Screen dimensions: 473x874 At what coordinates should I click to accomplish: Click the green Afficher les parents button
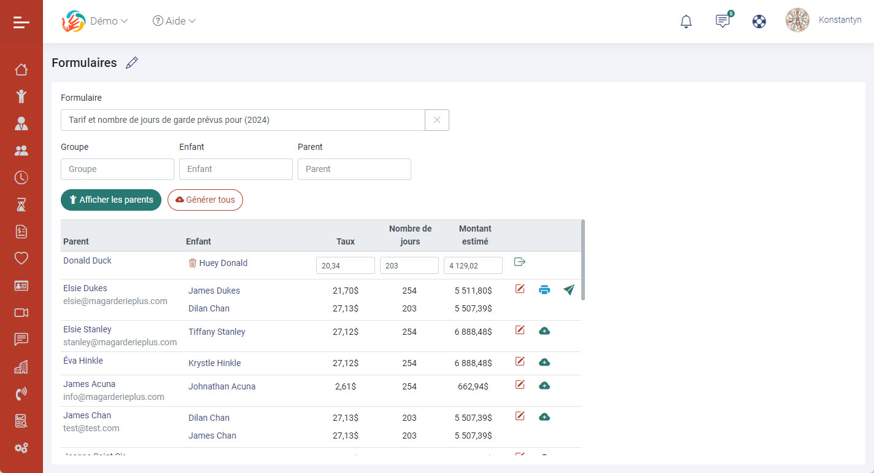[111, 200]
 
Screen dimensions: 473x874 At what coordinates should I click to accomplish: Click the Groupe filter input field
[117, 169]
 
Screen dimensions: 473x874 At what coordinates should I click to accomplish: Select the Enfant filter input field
[236, 169]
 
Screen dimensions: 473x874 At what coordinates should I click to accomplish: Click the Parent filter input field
[354, 169]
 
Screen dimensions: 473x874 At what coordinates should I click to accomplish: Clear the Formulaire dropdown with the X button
[437, 120]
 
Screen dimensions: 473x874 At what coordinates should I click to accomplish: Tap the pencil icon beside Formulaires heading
[132, 63]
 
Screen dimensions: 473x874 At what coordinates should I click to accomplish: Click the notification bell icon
[686, 21]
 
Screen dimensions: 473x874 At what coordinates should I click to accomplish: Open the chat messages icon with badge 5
[723, 21]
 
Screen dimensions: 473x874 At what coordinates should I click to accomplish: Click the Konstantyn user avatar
[797, 20]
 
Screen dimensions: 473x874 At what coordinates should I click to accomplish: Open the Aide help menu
[174, 21]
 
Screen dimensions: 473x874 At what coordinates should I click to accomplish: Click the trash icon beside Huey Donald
[193, 263]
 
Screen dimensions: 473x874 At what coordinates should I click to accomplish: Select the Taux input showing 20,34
[346, 265]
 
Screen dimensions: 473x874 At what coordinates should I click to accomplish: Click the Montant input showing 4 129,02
[473, 265]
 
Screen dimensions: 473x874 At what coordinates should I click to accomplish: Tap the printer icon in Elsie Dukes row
[544, 290]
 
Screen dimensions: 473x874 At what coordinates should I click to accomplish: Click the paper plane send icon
[569, 290]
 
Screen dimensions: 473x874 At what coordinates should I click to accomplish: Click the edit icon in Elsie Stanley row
[520, 330]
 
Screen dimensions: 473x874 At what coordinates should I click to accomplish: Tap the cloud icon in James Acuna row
[544, 386]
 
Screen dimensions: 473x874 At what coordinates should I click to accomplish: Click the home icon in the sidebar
[21, 69]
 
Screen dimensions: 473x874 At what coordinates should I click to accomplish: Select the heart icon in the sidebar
[21, 259]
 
